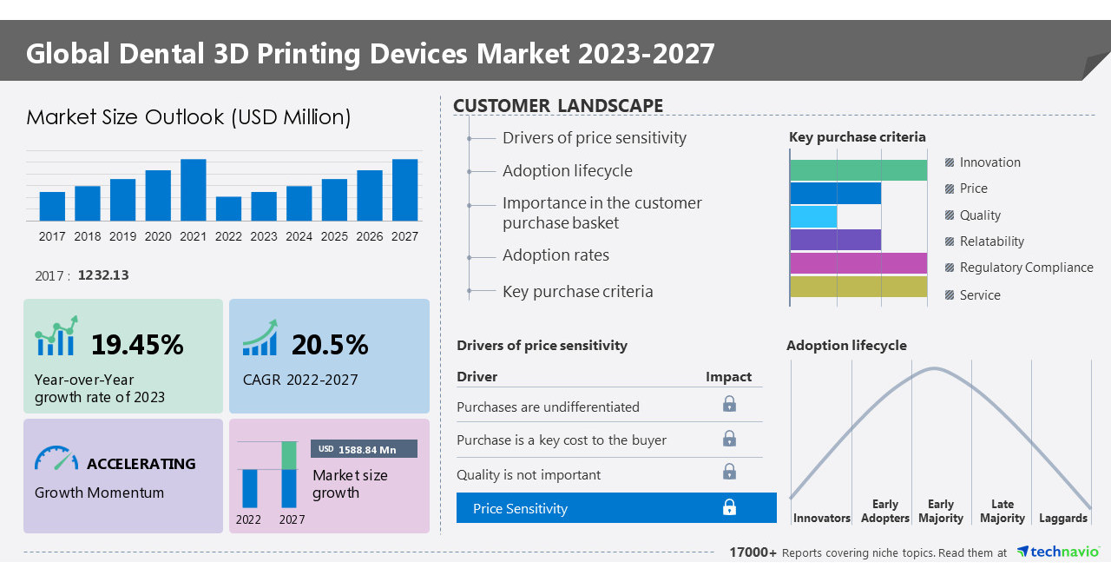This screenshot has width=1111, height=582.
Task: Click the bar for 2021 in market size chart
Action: tap(193, 189)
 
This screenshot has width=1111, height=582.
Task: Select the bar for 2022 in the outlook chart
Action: tap(228, 208)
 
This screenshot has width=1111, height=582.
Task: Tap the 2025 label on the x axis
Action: tap(334, 236)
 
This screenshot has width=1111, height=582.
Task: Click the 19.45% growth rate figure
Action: tap(137, 345)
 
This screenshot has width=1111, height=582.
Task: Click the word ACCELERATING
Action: tap(141, 464)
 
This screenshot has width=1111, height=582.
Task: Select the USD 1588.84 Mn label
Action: tap(364, 449)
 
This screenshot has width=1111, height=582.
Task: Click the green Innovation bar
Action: tap(858, 170)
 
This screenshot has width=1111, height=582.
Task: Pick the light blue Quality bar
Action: tap(814, 216)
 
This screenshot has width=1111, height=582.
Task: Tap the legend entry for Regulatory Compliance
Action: tap(1025, 268)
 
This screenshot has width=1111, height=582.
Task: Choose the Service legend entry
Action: tap(979, 295)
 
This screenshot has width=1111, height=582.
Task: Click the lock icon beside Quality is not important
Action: tap(729, 472)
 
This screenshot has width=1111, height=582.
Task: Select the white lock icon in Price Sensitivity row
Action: tap(729, 507)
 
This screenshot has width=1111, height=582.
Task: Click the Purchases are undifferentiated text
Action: tap(548, 407)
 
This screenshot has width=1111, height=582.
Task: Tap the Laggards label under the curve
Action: tap(1062, 518)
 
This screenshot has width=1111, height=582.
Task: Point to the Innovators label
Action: tap(821, 518)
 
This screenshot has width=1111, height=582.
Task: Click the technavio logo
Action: tap(1057, 552)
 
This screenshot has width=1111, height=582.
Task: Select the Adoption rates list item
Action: tap(555, 255)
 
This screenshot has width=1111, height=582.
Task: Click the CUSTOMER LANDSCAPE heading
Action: tap(558, 106)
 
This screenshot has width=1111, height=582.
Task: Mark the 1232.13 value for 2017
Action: tap(103, 275)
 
